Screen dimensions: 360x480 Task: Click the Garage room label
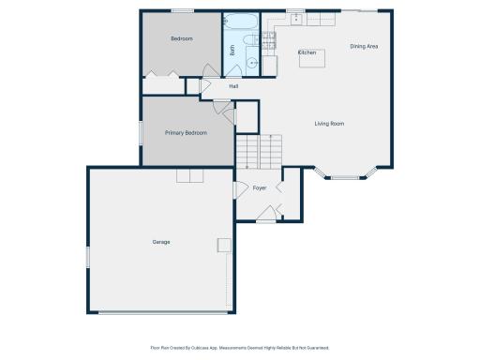coord(161,242)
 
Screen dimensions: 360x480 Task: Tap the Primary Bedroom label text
coord(186,133)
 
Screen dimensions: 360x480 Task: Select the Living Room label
coord(329,124)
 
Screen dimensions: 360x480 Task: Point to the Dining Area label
coord(364,46)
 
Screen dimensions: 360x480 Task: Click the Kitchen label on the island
coord(307,52)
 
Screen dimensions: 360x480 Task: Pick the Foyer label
coord(260,188)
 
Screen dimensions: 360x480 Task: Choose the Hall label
coord(233,86)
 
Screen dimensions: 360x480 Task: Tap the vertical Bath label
coord(232,52)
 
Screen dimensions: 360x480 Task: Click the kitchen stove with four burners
coord(268,39)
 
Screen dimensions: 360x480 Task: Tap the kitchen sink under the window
coord(295,19)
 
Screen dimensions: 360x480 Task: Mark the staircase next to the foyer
coord(258,150)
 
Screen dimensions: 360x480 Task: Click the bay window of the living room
coord(345,174)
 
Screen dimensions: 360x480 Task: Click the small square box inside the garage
coord(223,245)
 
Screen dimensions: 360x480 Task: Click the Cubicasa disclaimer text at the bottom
coord(240,347)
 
